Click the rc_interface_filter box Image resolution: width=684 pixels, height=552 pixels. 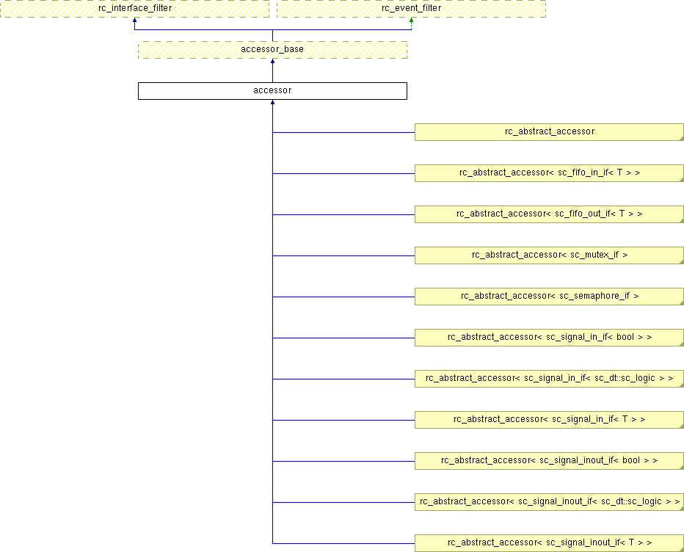point(135,9)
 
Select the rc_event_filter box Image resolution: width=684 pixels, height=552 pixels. point(412,9)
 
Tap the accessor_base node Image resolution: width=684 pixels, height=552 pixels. point(272,50)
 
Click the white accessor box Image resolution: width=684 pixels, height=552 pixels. point(272,91)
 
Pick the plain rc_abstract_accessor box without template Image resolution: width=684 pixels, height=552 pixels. point(549,132)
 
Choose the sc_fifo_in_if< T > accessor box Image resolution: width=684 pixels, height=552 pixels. point(549,173)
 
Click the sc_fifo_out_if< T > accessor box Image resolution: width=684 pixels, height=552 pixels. point(549,214)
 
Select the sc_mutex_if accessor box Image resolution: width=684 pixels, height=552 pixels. point(549,255)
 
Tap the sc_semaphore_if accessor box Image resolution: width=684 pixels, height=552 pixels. point(549,297)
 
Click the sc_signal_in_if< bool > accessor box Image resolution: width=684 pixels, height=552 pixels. point(549,338)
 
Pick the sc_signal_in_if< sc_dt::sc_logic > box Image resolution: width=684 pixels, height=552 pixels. point(549,379)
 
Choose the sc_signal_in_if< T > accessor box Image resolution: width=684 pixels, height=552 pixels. point(549,420)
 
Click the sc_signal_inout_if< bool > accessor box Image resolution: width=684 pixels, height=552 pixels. point(549,461)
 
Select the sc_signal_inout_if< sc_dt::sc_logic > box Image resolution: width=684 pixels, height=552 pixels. point(549,502)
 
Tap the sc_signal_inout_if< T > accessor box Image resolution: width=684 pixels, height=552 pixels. point(549,543)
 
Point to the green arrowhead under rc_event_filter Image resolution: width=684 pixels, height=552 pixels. point(412,20)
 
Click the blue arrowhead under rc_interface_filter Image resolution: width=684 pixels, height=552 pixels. point(135,20)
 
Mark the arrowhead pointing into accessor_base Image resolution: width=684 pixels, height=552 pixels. point(272,61)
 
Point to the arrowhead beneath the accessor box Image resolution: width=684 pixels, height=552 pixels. point(272,102)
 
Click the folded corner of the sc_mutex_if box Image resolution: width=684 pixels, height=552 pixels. point(682,262)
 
